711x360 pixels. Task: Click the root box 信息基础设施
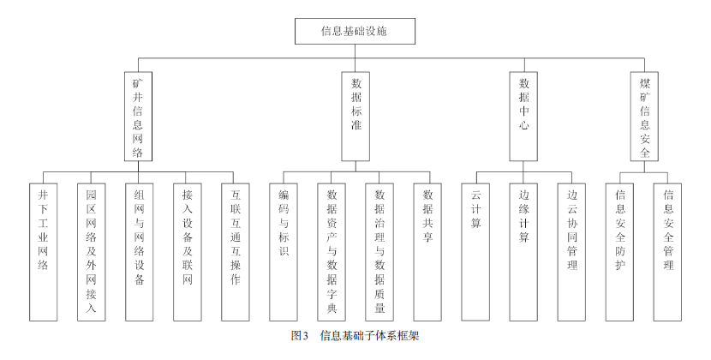pyautogui.click(x=355, y=32)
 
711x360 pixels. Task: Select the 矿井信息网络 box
pyautogui.click(x=138, y=117)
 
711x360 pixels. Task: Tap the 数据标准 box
pyautogui.click(x=355, y=117)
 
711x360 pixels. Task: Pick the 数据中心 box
pyautogui.click(x=523, y=117)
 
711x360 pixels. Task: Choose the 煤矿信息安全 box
pyautogui.click(x=644, y=117)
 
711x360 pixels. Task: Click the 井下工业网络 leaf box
pyautogui.click(x=44, y=252)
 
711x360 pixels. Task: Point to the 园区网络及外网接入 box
pyautogui.click(x=91, y=252)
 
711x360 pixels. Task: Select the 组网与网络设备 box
pyautogui.click(x=140, y=252)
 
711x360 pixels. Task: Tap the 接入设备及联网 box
pyautogui.click(x=188, y=252)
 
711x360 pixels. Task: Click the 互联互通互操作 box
pyautogui.click(x=236, y=252)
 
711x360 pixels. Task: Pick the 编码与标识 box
pyautogui.click(x=284, y=252)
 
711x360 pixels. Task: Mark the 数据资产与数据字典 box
pyautogui.click(x=332, y=252)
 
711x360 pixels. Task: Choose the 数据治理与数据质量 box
pyautogui.click(x=379, y=252)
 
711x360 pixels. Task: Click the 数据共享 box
pyautogui.click(x=427, y=252)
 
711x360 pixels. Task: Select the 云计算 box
pyautogui.click(x=475, y=252)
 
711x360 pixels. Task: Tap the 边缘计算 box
pyautogui.click(x=523, y=252)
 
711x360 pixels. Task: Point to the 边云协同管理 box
pyautogui.click(x=571, y=252)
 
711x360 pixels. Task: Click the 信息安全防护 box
pyautogui.click(x=620, y=252)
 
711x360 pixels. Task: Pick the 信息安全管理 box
pyautogui.click(x=668, y=252)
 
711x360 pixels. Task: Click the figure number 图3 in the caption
pyautogui.click(x=300, y=336)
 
